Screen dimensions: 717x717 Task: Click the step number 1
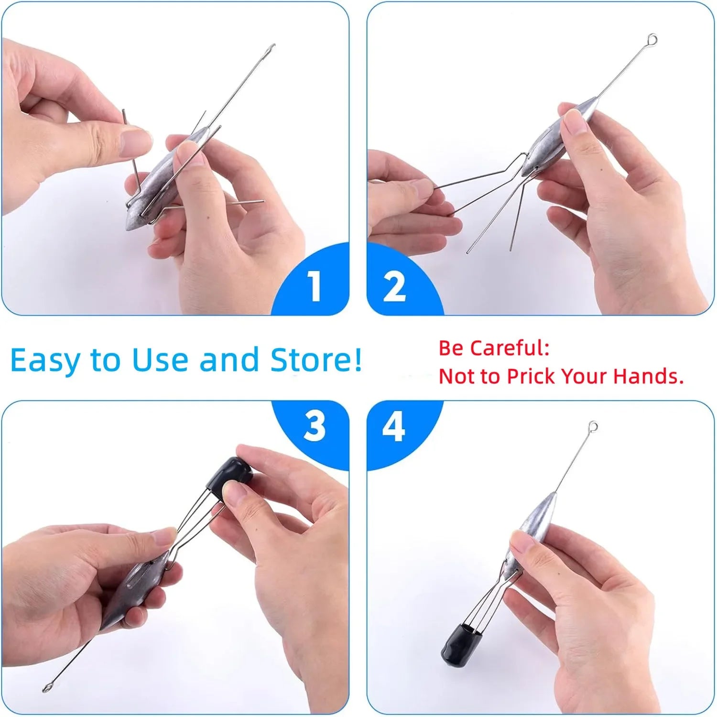tap(314, 286)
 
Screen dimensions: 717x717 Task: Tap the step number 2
tap(394, 286)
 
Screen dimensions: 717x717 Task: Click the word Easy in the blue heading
tap(45, 361)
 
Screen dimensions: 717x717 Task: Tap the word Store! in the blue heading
tap(316, 359)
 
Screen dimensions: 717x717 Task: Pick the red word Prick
tap(532, 376)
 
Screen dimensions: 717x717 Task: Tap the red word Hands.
tap(649, 376)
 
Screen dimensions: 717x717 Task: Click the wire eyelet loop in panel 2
tap(652, 38)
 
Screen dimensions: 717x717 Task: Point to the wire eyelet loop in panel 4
tap(593, 425)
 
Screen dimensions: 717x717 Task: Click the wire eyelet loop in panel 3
tap(47, 687)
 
